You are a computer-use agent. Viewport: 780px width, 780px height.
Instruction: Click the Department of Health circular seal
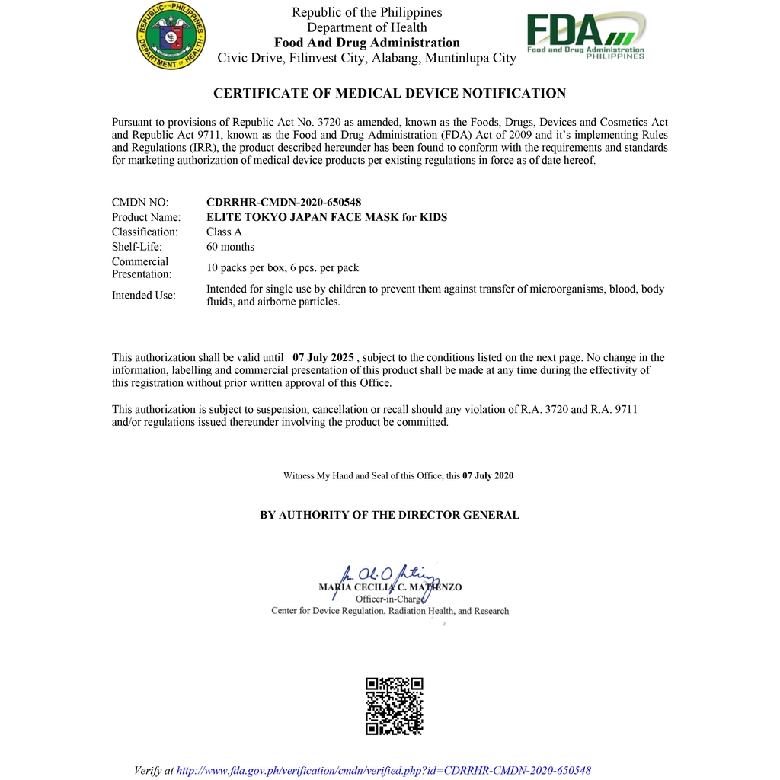[171, 36]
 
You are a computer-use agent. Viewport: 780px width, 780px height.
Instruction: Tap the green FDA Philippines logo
[586, 36]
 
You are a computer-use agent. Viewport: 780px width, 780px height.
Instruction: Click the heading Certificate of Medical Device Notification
[389, 94]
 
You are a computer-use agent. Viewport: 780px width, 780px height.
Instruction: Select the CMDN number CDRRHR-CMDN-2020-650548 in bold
[283, 203]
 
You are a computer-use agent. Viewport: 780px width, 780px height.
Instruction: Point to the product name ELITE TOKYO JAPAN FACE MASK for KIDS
[327, 217]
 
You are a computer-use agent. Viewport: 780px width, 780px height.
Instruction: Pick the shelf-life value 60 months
[230, 247]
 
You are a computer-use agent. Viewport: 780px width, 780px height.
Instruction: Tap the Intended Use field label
[143, 296]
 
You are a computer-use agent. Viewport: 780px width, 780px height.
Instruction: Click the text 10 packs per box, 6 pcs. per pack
[283, 268]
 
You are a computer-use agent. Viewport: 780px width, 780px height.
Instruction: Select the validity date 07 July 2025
[323, 357]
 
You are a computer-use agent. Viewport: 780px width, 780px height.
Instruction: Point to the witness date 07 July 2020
[487, 476]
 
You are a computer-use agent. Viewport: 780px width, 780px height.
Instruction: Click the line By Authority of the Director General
[389, 515]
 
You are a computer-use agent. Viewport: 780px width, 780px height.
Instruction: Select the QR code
[394, 706]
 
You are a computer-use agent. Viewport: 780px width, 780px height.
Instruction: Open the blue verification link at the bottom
[383, 771]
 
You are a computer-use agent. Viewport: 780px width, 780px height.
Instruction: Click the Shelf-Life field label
[137, 247]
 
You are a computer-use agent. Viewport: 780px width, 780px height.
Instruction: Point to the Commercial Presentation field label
[142, 268]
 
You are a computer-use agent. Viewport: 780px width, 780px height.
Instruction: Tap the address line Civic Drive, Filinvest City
[366, 58]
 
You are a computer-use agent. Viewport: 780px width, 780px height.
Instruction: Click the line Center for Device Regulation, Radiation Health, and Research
[389, 611]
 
